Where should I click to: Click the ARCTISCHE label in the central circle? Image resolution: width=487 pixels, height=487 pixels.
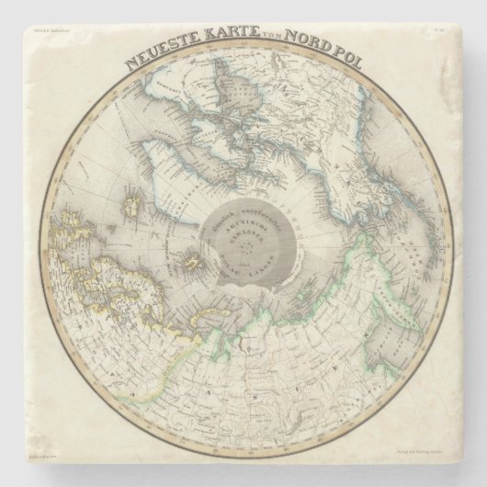click(245, 224)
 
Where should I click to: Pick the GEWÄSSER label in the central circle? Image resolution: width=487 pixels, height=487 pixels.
click(246, 235)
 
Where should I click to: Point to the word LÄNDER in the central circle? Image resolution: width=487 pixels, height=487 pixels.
click(266, 259)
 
